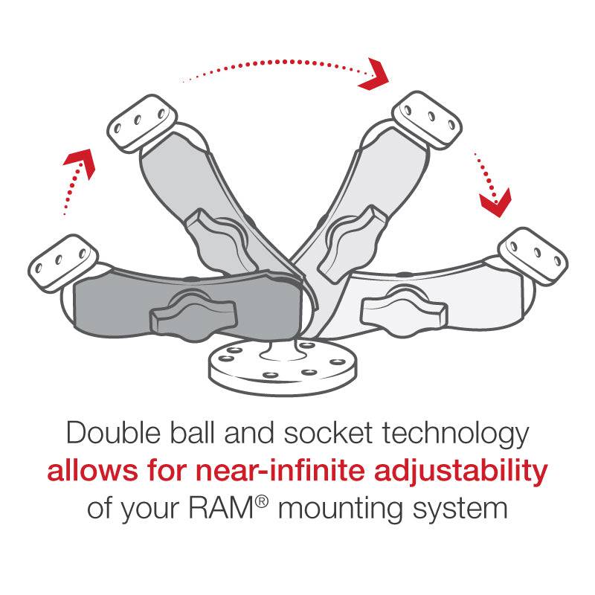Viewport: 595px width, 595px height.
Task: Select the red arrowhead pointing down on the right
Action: click(495, 200)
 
